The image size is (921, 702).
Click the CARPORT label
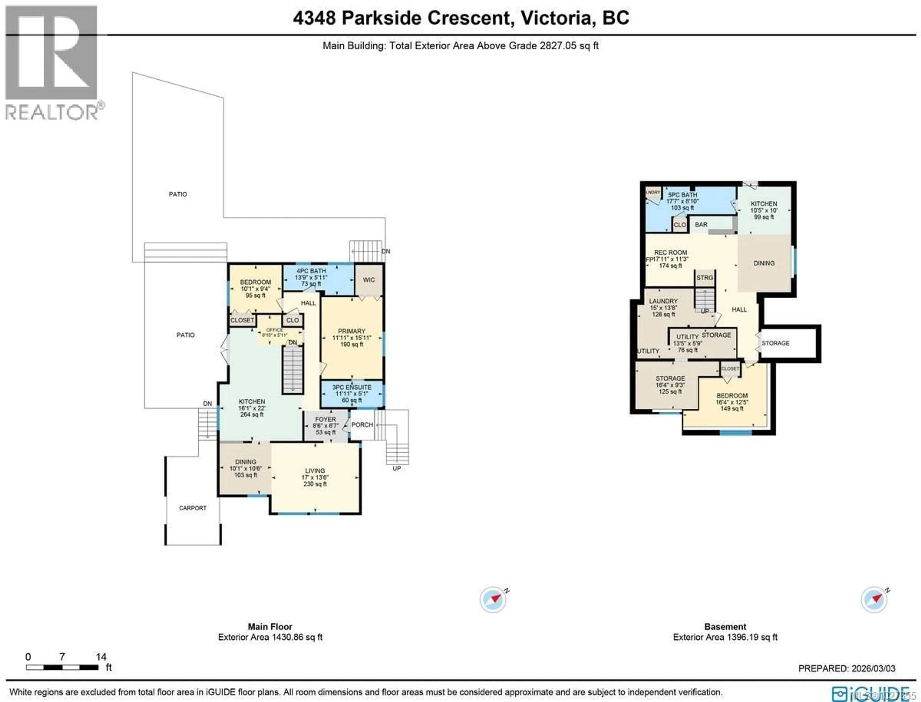tap(193, 508)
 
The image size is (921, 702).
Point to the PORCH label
tap(362, 425)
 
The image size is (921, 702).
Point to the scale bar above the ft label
tap(62, 667)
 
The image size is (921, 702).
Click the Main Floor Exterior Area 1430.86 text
tap(270, 637)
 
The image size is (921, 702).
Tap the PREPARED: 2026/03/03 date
tap(847, 669)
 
